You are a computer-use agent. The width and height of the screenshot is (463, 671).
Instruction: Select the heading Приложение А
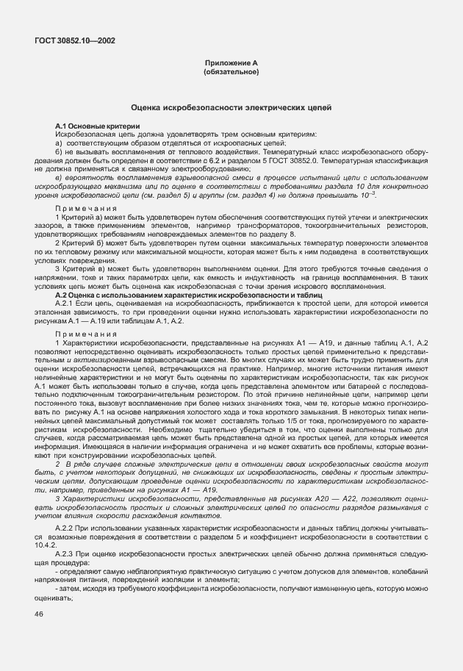click(231, 64)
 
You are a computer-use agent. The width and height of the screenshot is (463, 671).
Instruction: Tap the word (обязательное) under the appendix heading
click(231, 72)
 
